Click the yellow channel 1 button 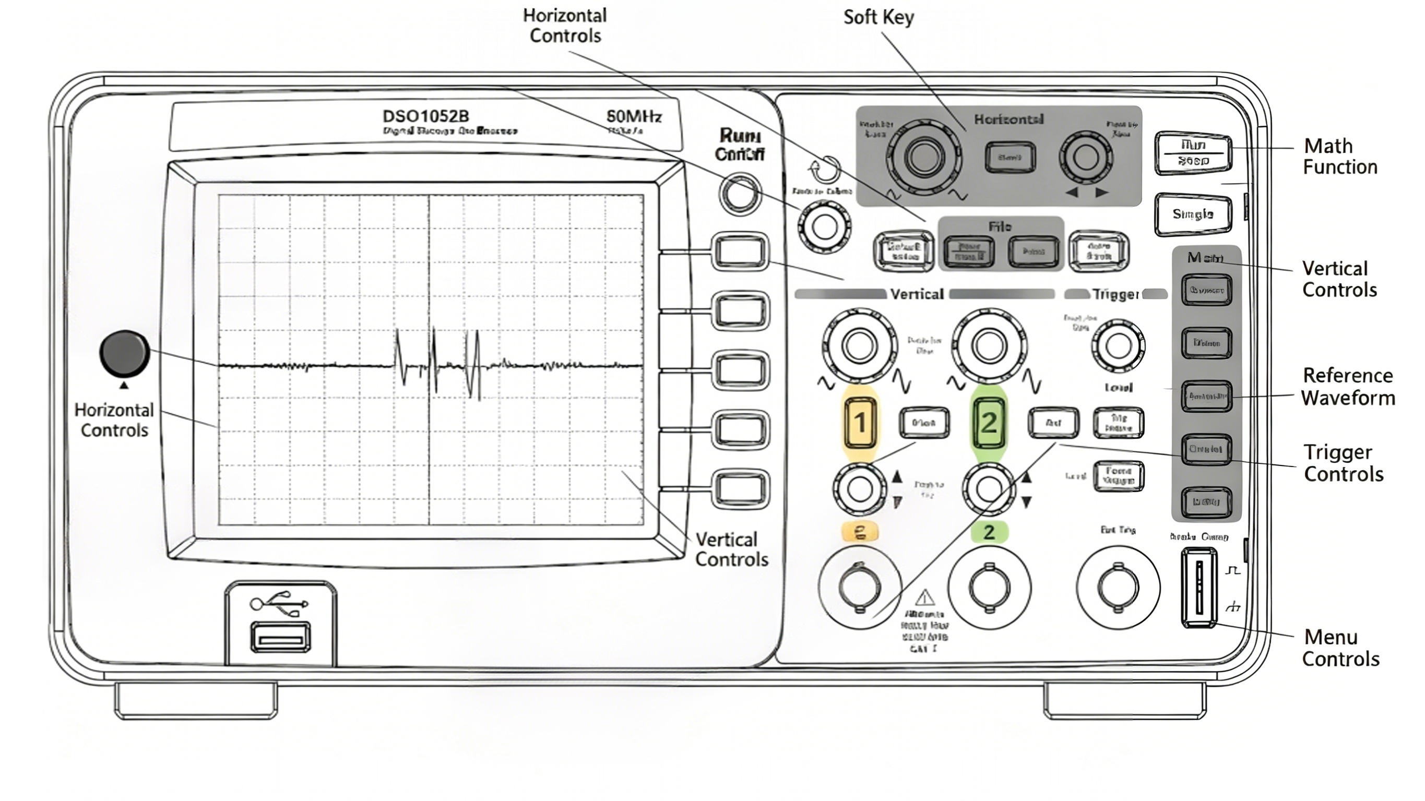point(860,423)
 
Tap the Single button point(1193,214)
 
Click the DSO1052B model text point(425,116)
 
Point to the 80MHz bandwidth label point(634,116)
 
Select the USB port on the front point(280,638)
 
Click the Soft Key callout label point(878,17)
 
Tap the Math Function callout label point(1339,157)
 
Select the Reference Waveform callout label point(1348,387)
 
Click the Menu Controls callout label point(1340,648)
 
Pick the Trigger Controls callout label point(1343,463)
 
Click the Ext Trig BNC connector point(1118,588)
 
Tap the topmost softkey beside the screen point(740,252)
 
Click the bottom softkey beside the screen point(740,488)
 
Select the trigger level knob point(1118,346)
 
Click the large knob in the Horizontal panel point(923,157)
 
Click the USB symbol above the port point(279,603)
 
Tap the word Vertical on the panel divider point(917,294)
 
